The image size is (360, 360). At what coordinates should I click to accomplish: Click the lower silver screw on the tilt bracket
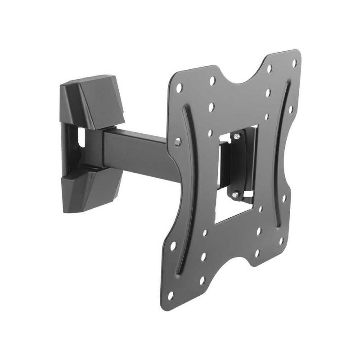pyautogui.click(x=235, y=194)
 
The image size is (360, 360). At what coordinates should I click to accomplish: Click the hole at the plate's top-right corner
pyautogui.click(x=294, y=63)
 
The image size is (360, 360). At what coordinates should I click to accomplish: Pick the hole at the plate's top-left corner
pyautogui.click(x=179, y=87)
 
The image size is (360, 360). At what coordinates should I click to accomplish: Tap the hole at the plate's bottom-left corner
pyautogui.click(x=171, y=295)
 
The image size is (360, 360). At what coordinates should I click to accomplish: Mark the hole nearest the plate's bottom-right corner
pyautogui.click(x=280, y=240)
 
